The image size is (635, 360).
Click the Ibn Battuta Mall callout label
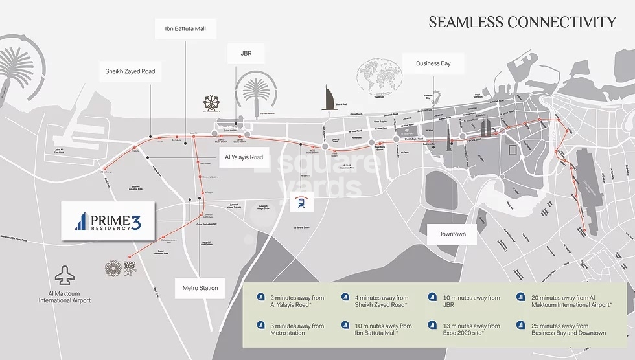coord(185,28)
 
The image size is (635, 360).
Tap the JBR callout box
coord(246,54)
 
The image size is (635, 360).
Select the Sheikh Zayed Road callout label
coord(130,71)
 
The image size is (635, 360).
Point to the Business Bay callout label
coord(433,63)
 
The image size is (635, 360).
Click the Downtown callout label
coord(452,234)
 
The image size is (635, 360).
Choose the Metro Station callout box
coord(200,288)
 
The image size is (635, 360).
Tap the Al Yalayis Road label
coord(244,157)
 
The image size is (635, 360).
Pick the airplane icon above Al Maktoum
coord(64,276)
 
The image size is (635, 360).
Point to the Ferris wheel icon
coord(211,104)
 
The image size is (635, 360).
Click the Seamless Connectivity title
coord(522,23)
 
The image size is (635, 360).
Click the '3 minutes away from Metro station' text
coord(297,330)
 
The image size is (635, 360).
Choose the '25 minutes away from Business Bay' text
coord(569,330)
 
